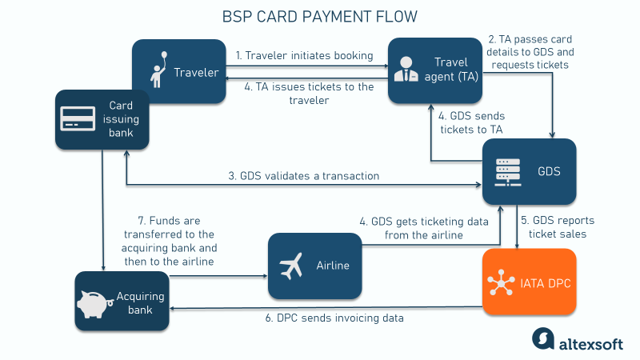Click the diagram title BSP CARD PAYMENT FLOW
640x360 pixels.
pos(320,17)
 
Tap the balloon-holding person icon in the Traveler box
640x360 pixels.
pos(158,72)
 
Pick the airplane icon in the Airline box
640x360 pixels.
pos(291,266)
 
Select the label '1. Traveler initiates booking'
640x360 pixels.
pos(304,56)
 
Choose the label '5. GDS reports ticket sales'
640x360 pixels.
pos(558,227)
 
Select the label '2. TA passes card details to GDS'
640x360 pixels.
pos(529,51)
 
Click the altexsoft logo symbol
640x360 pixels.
pos(544,338)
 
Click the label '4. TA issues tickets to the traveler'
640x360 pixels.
pos(304,94)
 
